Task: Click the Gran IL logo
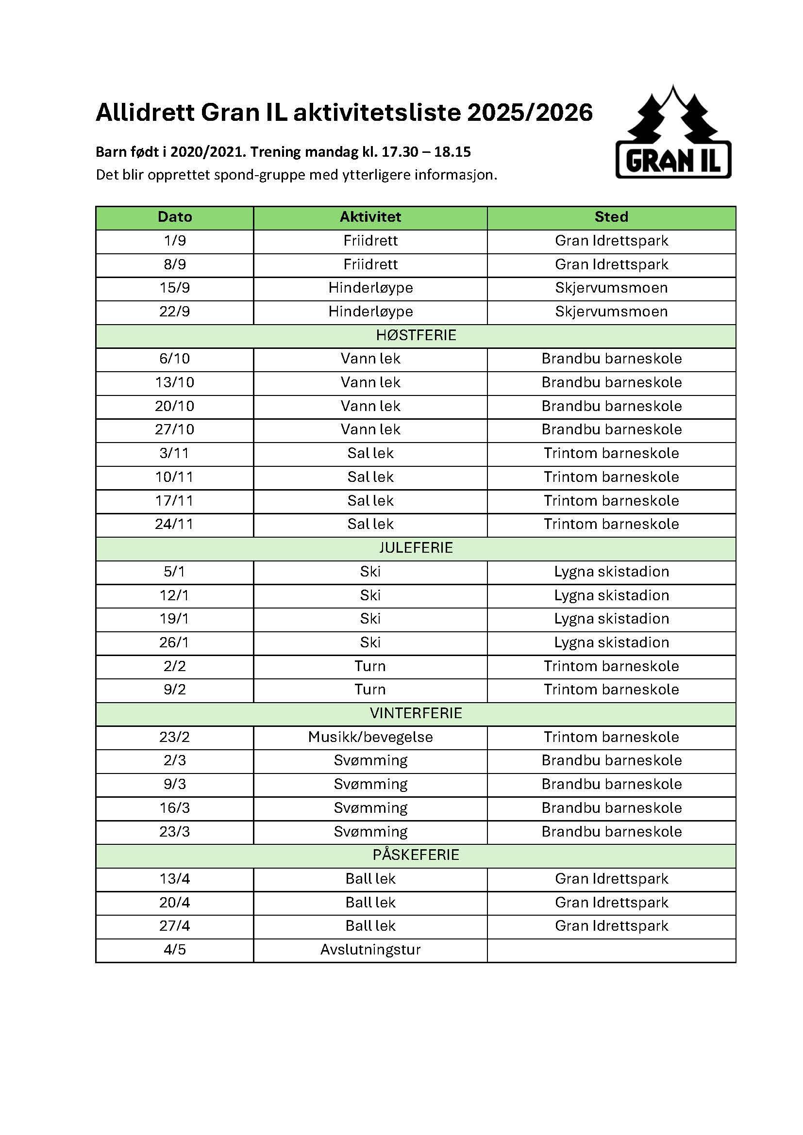673,132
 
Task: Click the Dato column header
175,217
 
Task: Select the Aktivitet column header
370,217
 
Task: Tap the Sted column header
611,217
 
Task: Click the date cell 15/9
175,288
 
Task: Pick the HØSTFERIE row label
416,335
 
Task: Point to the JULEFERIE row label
416,548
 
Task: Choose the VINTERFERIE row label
416,713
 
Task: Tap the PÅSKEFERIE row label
416,855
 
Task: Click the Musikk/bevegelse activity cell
370,737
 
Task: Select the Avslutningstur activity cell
370,950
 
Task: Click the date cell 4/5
175,950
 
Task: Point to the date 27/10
175,429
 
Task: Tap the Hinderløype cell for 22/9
370,312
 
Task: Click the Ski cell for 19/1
370,619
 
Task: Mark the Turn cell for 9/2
370,690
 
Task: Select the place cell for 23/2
611,737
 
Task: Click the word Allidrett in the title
145,113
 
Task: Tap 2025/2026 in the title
530,113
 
